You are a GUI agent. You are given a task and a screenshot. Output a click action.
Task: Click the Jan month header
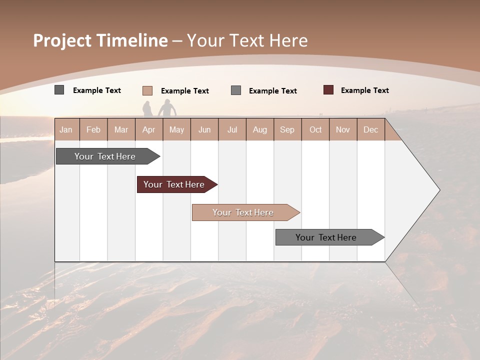pos(66,129)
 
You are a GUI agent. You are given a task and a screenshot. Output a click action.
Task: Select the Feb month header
pos(93,129)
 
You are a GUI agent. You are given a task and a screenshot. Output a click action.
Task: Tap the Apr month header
pos(149,129)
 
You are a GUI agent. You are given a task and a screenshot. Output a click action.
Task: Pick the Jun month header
pos(204,129)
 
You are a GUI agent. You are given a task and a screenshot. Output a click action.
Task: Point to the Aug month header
pos(260,129)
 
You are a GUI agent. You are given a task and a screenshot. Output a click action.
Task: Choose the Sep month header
pos(287,129)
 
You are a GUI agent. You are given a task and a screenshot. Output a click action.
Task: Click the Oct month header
pos(315,129)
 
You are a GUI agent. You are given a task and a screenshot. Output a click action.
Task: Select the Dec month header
pos(371,129)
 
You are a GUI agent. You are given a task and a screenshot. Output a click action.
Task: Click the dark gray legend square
pos(59,90)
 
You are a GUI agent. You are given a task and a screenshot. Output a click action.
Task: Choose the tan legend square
pos(147,90)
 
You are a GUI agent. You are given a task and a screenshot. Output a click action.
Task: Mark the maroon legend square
pos(328,90)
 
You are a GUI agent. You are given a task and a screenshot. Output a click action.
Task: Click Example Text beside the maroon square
pos(364,90)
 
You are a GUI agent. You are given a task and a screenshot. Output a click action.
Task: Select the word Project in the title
pos(62,40)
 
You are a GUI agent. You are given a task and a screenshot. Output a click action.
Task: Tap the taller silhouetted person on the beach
pos(166,108)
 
